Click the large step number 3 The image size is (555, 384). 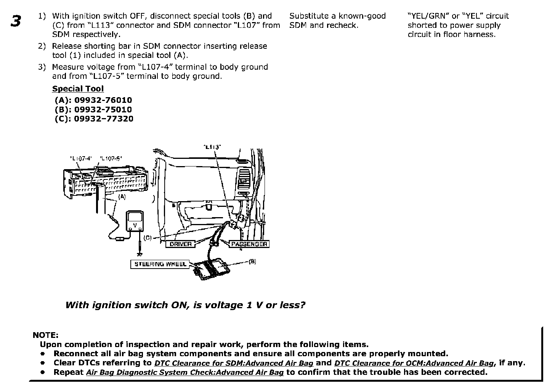pyautogui.click(x=16, y=21)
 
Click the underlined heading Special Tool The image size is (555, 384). pyautogui.click(x=78, y=89)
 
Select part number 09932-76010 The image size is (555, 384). pyautogui.click(x=103, y=100)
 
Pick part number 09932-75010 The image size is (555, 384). pyautogui.click(x=103, y=109)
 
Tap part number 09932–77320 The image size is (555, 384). pyautogui.click(x=104, y=118)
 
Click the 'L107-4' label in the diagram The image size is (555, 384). pyautogui.click(x=81, y=158)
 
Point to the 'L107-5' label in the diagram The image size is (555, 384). pyautogui.click(x=111, y=158)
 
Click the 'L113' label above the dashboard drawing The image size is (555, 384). pyautogui.click(x=212, y=147)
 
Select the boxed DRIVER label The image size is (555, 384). pyautogui.click(x=180, y=244)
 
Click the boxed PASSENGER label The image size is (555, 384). pyautogui.click(x=249, y=244)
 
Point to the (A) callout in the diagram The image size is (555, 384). pyautogui.click(x=122, y=197)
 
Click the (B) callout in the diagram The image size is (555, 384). pyautogui.click(x=252, y=262)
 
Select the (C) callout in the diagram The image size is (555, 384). pyautogui.click(x=148, y=238)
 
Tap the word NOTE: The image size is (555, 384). pyautogui.click(x=45, y=335)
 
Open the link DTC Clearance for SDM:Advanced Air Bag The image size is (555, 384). pyautogui.click(x=234, y=363)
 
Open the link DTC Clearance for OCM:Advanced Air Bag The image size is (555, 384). pyautogui.click(x=414, y=363)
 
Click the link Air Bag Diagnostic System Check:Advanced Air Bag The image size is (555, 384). pyautogui.click(x=185, y=373)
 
